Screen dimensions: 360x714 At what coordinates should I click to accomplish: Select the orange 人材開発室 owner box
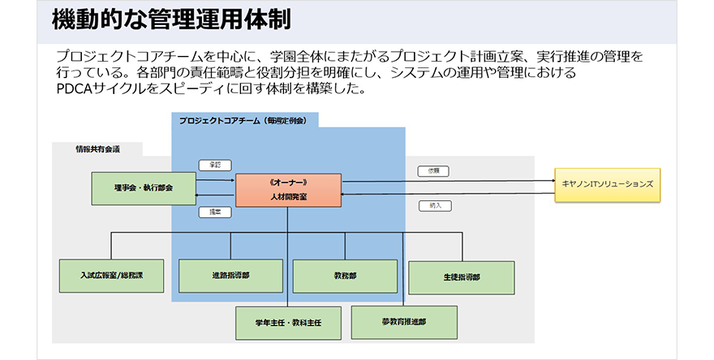[288, 191]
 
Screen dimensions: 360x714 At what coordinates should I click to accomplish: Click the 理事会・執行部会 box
[144, 188]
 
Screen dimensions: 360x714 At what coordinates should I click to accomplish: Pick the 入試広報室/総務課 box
[112, 276]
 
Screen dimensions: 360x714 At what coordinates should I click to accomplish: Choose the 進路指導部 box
[230, 276]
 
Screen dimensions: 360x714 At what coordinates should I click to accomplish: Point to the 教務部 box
[345, 276]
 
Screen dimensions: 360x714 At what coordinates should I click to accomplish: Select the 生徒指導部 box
[461, 277]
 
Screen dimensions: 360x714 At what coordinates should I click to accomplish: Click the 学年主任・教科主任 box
[289, 322]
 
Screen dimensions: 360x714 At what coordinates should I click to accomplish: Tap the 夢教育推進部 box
[404, 321]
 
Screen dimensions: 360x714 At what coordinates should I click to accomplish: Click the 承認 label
[215, 165]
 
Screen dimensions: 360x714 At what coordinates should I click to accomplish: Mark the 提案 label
[215, 212]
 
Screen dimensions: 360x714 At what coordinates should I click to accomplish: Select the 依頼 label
[434, 171]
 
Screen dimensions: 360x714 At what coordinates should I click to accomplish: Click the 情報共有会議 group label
[97, 149]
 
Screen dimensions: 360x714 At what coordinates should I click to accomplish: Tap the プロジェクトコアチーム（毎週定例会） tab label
[243, 120]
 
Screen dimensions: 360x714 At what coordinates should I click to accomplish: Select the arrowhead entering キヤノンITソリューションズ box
[551, 180]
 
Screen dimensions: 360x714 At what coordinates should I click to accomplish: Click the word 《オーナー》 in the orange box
[288, 182]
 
